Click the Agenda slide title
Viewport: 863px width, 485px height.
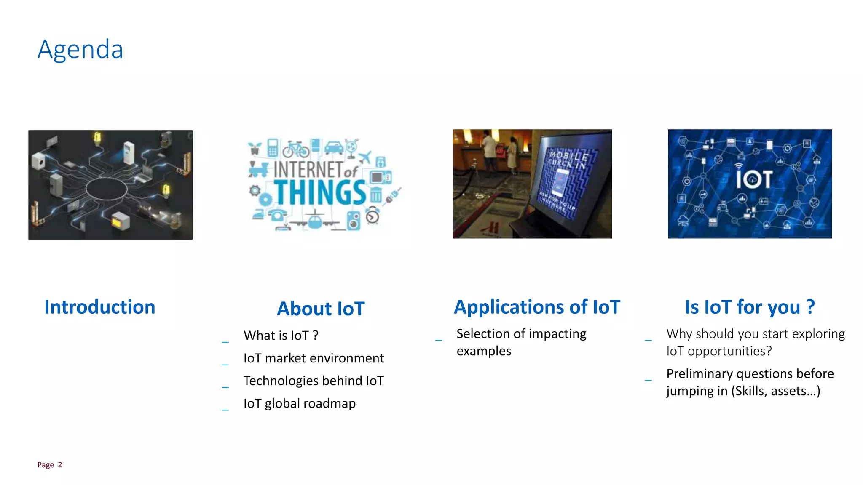pos(80,50)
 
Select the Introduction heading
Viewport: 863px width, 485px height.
pos(100,307)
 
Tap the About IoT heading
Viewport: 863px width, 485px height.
pos(321,309)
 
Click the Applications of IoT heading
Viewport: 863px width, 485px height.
pos(537,307)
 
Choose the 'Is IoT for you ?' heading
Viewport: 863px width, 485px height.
pos(750,307)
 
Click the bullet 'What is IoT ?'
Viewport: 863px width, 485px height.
pos(281,336)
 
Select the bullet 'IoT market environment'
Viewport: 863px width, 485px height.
pos(314,358)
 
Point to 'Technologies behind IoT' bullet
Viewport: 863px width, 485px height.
pos(314,381)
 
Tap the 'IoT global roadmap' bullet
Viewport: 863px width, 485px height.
pos(299,403)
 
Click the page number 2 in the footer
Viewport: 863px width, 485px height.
pos(60,465)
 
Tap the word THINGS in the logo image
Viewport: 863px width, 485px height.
pos(320,193)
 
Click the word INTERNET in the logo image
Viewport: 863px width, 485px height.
pos(308,170)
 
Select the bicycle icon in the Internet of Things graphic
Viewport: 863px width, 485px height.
pos(296,149)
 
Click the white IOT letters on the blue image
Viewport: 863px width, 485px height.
pos(754,179)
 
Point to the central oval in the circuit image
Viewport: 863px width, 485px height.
pos(107,188)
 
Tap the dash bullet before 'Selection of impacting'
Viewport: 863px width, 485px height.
pos(439,340)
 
